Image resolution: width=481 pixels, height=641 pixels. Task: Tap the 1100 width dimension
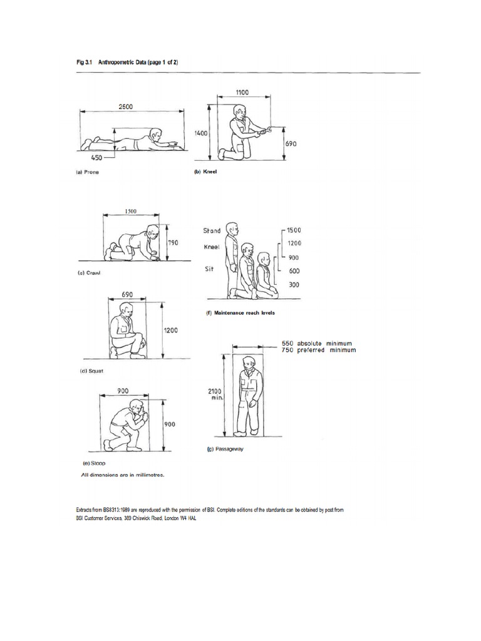tap(242, 92)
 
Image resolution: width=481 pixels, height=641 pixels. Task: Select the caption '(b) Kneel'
tap(205, 171)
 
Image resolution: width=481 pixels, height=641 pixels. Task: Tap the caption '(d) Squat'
tap(91, 371)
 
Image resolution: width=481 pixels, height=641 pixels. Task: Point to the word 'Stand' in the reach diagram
tap(212, 231)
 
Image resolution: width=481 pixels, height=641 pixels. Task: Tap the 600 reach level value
tap(294, 271)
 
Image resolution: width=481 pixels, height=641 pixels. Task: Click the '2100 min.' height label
tap(215, 394)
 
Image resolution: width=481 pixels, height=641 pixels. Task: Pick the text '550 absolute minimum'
tap(317, 343)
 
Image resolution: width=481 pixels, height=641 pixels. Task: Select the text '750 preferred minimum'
tap(318, 350)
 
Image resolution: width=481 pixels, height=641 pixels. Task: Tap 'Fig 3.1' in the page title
tap(85, 62)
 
